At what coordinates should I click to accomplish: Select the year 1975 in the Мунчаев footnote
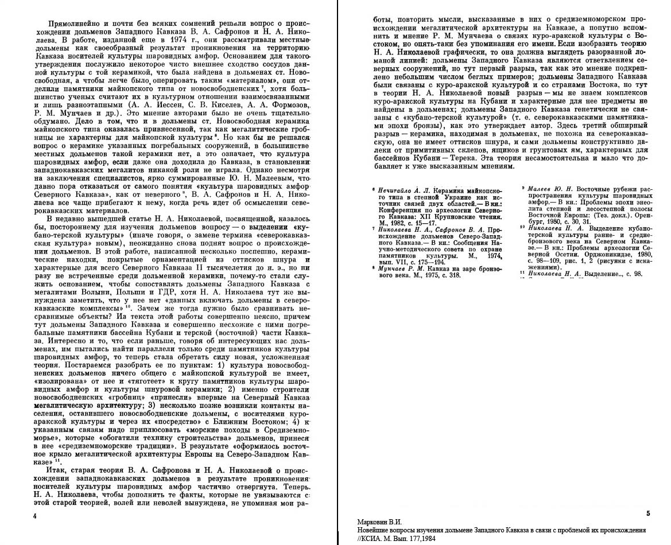tap(429, 275)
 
